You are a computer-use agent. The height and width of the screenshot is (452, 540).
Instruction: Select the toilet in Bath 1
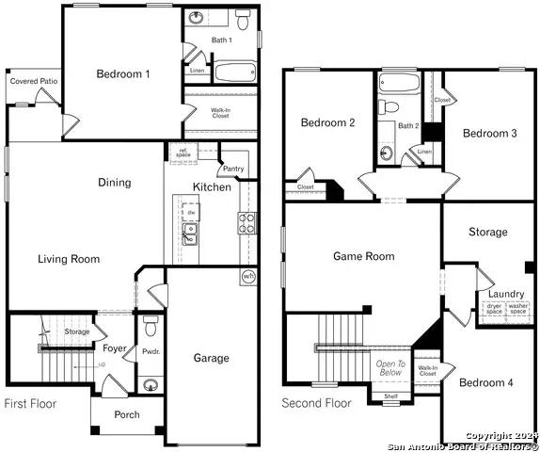pyautogui.click(x=242, y=21)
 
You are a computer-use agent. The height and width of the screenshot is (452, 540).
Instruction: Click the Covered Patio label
pyautogui.click(x=30, y=82)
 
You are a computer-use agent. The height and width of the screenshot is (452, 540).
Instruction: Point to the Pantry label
pyautogui.click(x=233, y=169)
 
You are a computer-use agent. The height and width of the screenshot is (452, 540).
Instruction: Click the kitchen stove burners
pyautogui.click(x=246, y=223)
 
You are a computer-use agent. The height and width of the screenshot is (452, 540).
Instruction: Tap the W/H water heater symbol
pyautogui.click(x=247, y=276)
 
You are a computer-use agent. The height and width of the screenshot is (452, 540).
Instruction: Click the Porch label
pyautogui.click(x=127, y=414)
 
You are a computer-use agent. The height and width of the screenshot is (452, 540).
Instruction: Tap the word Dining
pyautogui.click(x=115, y=183)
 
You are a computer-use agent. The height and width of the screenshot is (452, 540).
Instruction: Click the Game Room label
pyautogui.click(x=364, y=256)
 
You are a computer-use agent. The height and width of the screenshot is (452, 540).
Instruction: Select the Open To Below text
pyautogui.click(x=390, y=368)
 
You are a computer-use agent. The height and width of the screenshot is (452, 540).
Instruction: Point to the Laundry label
pyautogui.click(x=506, y=294)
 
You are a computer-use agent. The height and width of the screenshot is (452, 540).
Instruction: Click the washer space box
pyautogui.click(x=518, y=308)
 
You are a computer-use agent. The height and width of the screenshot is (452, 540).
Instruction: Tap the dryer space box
pyautogui.click(x=494, y=308)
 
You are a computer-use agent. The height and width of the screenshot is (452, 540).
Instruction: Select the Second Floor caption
pyautogui.click(x=317, y=403)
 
